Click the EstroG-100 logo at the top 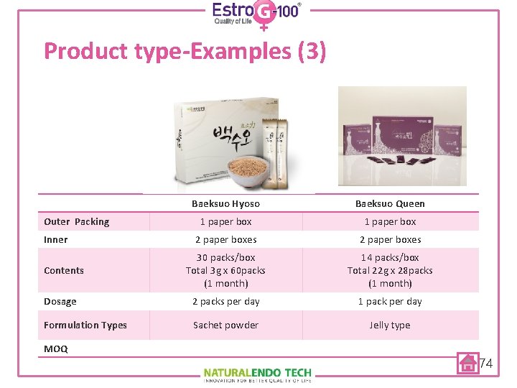[256, 14]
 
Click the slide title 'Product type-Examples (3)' [185, 51]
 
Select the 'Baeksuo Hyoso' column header [225, 203]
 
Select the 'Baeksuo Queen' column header [390, 203]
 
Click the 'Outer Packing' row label [77, 221]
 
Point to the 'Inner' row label [56, 239]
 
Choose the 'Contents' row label [64, 270]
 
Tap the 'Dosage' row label [60, 301]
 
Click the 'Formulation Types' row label [85, 325]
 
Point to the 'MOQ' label [56, 348]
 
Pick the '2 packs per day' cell [225, 301]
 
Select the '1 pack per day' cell [390, 301]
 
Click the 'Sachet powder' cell [225, 325]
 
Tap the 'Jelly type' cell [390, 325]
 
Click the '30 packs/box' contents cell [225, 270]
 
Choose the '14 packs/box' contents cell [390, 270]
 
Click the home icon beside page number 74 [468, 364]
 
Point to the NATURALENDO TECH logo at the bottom [257, 374]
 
